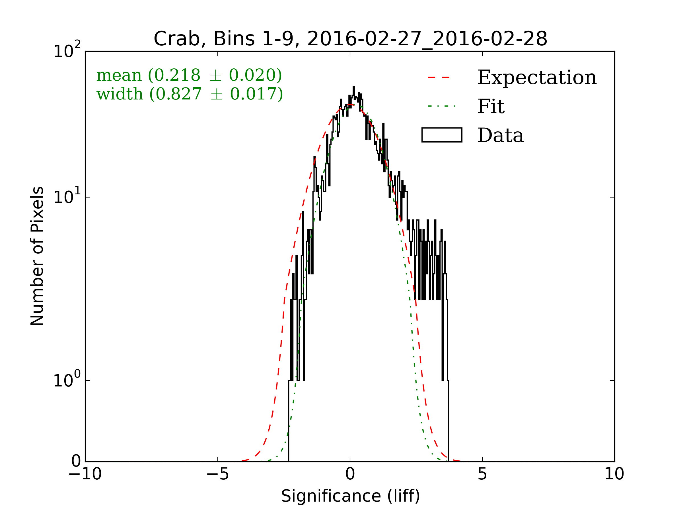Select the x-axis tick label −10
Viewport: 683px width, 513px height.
[85, 474]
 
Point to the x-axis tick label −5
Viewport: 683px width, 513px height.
[217, 474]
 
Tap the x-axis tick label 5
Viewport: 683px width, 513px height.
[482, 474]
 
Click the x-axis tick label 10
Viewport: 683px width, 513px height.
[614, 474]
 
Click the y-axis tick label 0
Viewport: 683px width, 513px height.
[76, 461]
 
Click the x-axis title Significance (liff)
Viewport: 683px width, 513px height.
[350, 496]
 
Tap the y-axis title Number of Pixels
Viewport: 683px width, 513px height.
[37, 256]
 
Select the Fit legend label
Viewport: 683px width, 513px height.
[491, 106]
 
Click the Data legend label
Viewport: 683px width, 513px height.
[501, 135]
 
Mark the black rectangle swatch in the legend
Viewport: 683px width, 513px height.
[442, 135]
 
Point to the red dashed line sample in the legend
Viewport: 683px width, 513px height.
[439, 77]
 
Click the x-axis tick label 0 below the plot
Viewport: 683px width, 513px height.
[350, 474]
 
